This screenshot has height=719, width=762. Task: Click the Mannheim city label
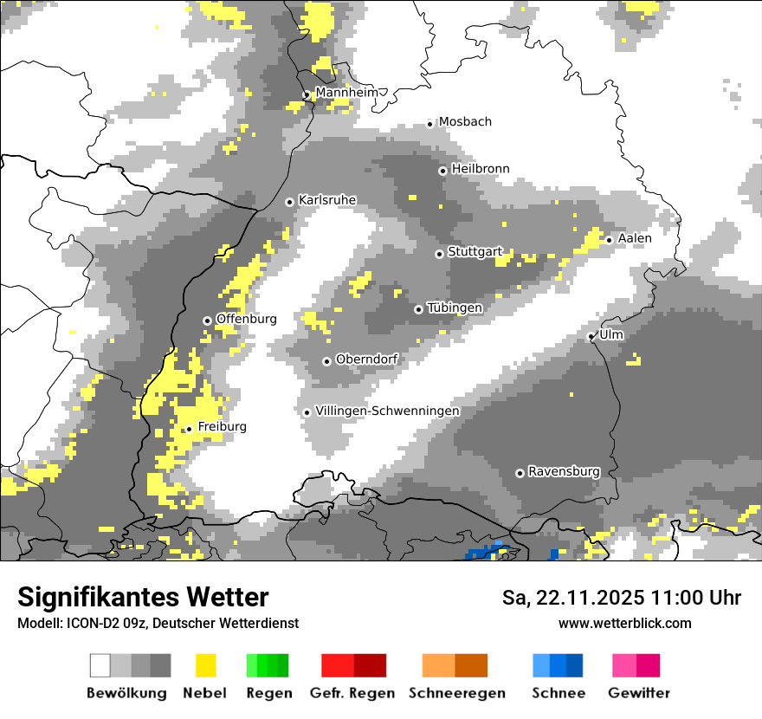click(347, 93)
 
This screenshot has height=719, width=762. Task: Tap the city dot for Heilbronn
click(442, 171)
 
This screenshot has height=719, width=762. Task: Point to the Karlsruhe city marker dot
click(290, 202)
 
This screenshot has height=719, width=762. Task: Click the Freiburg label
click(222, 427)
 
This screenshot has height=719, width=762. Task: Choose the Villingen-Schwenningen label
click(387, 411)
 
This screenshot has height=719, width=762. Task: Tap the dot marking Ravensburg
click(520, 473)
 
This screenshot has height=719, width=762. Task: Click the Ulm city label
click(610, 334)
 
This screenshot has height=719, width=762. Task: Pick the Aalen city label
click(635, 238)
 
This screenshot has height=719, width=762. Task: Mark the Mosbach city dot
click(429, 124)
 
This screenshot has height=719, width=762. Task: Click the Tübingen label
click(455, 308)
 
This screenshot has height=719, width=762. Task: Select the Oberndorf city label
click(366, 359)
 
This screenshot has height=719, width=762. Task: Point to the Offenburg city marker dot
click(207, 321)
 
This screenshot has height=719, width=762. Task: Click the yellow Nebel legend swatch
click(205, 665)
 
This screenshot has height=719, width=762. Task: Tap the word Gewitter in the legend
click(639, 693)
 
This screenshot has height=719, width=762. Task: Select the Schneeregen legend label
click(457, 693)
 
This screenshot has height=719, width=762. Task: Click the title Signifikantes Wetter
click(143, 597)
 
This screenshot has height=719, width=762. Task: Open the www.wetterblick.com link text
click(624, 623)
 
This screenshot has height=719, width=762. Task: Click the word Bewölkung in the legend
click(126, 693)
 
